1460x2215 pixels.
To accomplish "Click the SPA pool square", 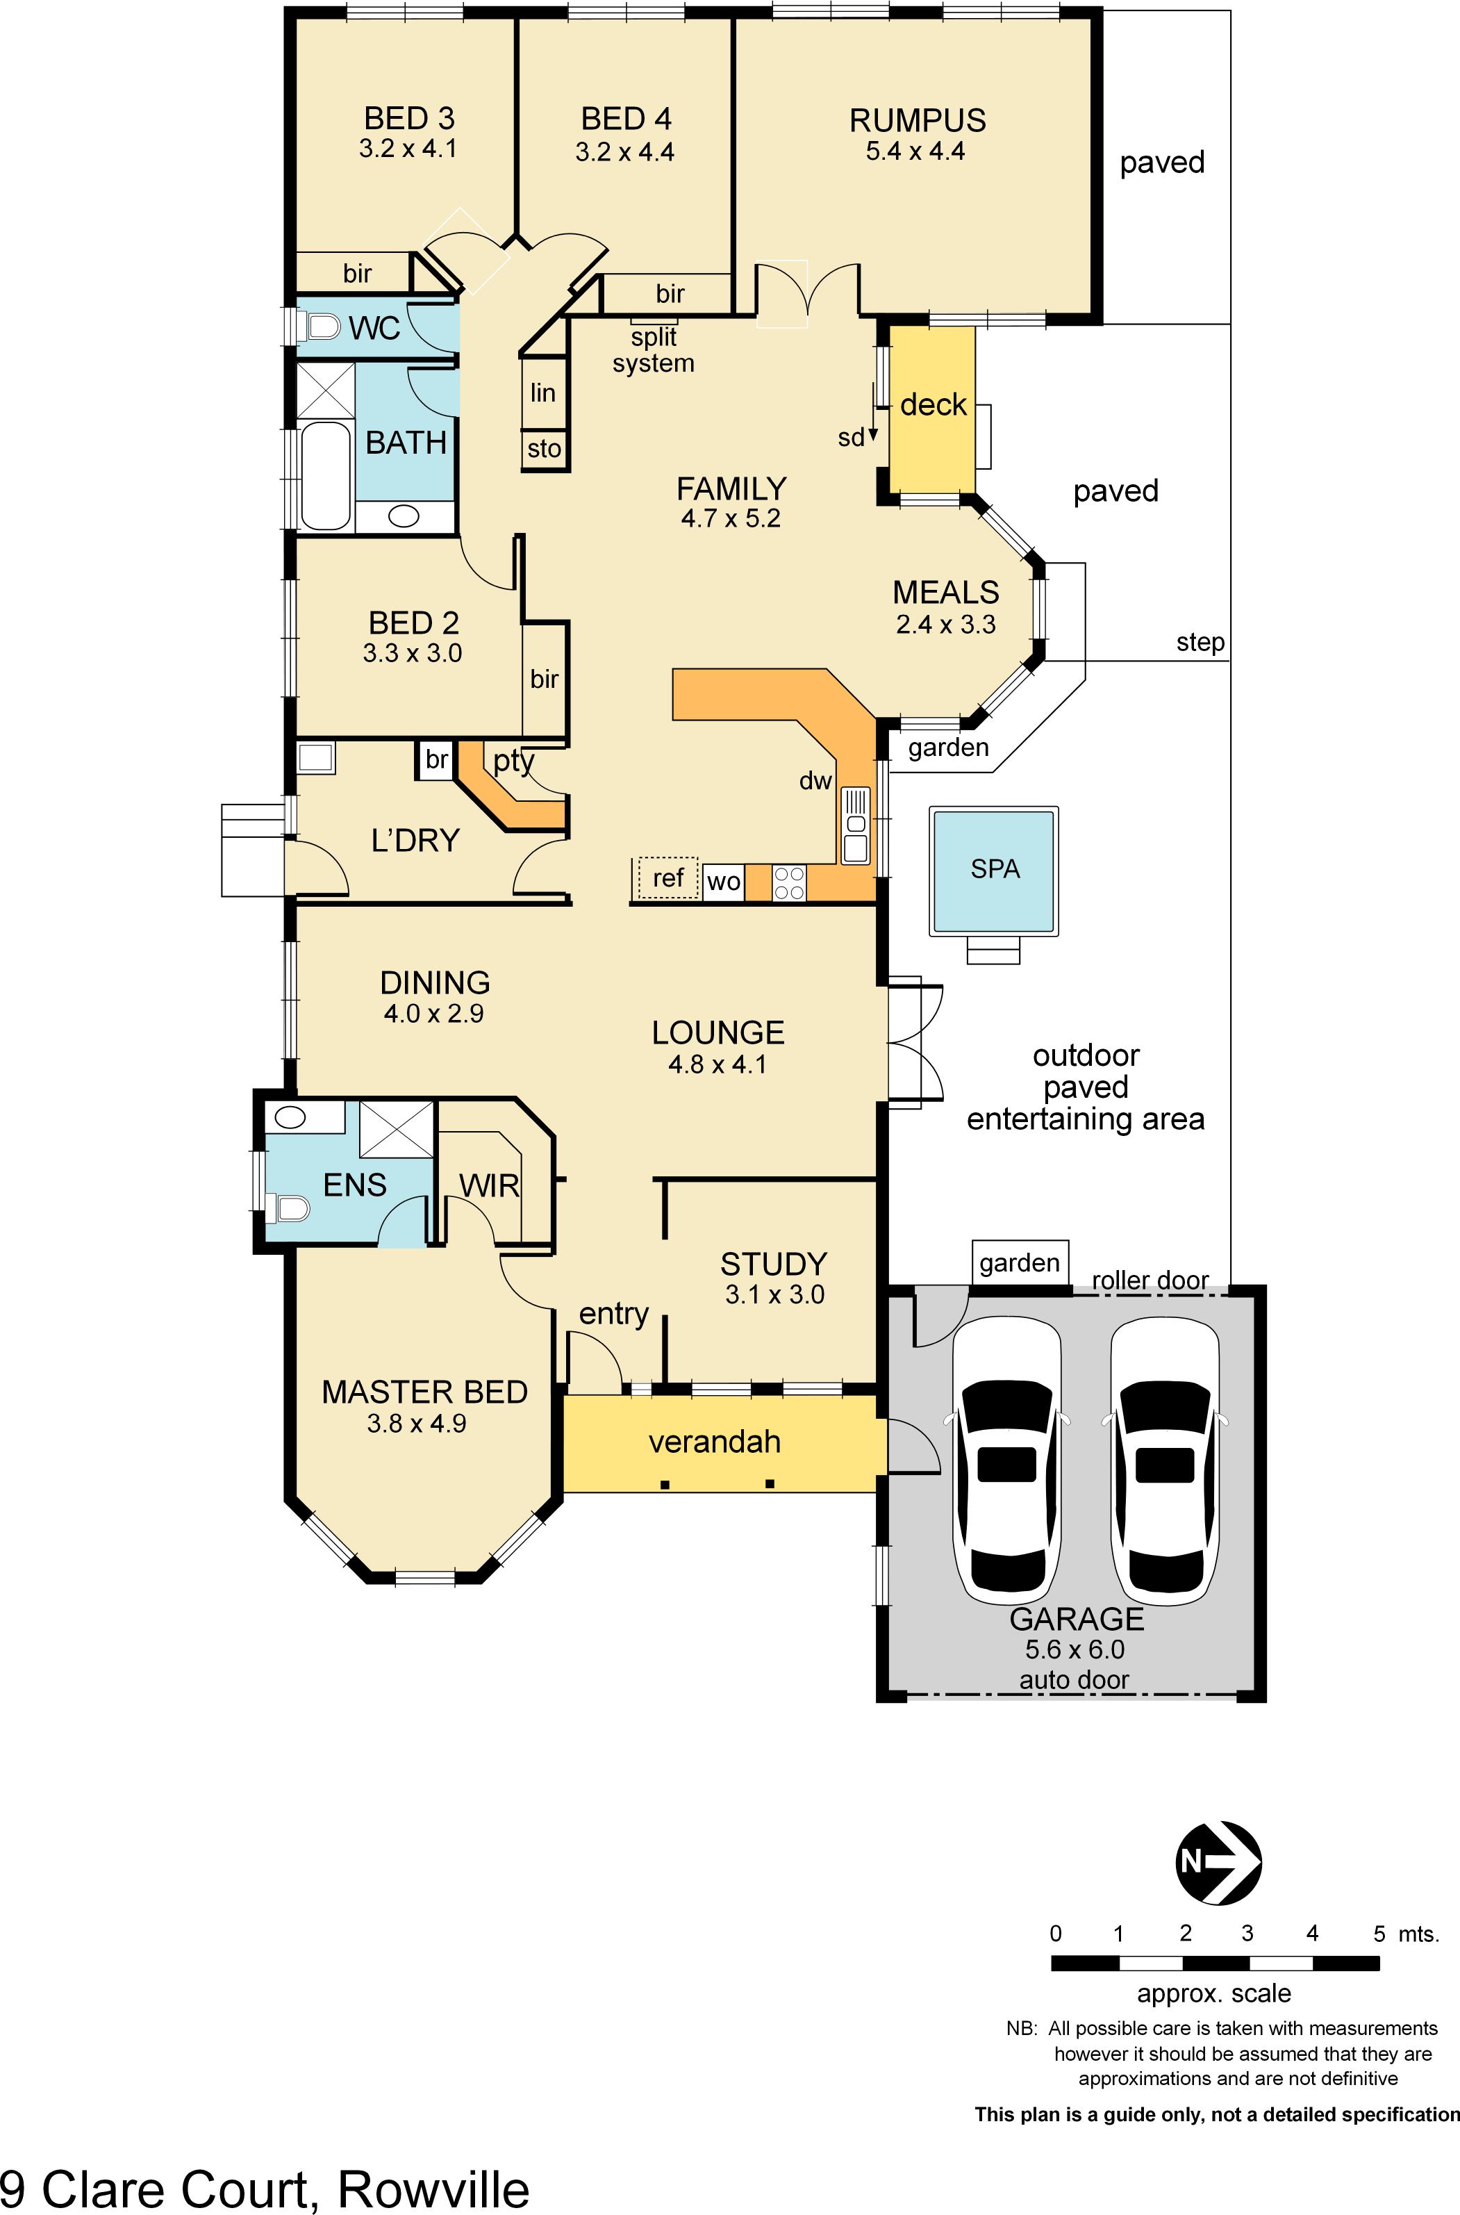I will point(993,870).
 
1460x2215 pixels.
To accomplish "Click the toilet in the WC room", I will point(320,327).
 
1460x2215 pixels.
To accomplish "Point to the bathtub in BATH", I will point(325,475).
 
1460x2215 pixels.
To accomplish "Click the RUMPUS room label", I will point(917,120).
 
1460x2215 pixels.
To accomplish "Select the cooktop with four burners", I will point(788,882).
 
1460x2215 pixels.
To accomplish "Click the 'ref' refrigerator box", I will point(667,878).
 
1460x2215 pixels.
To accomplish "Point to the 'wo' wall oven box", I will point(724,881).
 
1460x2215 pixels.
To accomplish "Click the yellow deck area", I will point(932,407).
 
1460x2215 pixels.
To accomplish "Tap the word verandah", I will point(714,1442).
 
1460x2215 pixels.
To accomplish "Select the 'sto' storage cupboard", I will point(544,449).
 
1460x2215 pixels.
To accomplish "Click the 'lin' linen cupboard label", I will point(543,393).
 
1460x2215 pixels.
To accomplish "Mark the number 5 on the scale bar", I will point(1379,1934).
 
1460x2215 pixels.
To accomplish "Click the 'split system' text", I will point(654,350).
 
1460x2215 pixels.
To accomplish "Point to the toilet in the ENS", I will point(290,1209).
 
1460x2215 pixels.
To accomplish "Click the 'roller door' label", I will point(1150,1280).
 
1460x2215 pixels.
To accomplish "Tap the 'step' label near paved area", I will point(1200,642).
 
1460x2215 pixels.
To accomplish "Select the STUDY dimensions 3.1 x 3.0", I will point(774,1294).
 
